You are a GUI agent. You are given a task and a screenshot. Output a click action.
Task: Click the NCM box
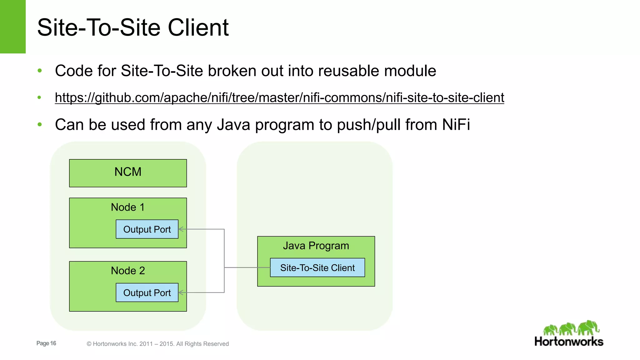128,173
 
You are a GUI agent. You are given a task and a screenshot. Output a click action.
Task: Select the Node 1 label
128,207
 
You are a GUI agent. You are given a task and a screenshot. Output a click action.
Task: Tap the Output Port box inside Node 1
147,229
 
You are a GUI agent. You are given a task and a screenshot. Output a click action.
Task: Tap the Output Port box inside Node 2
147,292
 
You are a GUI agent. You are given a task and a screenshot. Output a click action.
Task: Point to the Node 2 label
128,271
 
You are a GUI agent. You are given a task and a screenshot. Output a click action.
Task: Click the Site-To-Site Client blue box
317,267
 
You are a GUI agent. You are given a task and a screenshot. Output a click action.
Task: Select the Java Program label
316,246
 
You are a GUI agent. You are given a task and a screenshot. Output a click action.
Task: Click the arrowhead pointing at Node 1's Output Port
181,229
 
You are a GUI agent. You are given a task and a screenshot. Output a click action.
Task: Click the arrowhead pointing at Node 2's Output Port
181,292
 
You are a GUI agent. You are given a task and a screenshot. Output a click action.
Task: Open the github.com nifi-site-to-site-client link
279,97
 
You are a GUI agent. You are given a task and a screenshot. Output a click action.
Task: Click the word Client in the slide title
198,27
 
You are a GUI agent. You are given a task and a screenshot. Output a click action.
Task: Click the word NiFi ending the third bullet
456,125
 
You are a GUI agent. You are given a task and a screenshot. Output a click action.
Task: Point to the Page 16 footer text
46,343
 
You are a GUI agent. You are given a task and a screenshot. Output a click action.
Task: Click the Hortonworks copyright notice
158,344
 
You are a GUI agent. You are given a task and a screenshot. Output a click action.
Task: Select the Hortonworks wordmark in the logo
569,342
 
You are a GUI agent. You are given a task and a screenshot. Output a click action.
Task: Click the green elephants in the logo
571,328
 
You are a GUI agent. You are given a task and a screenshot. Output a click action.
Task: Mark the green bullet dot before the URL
39,97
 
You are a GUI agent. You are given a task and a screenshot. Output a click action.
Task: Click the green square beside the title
12,27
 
